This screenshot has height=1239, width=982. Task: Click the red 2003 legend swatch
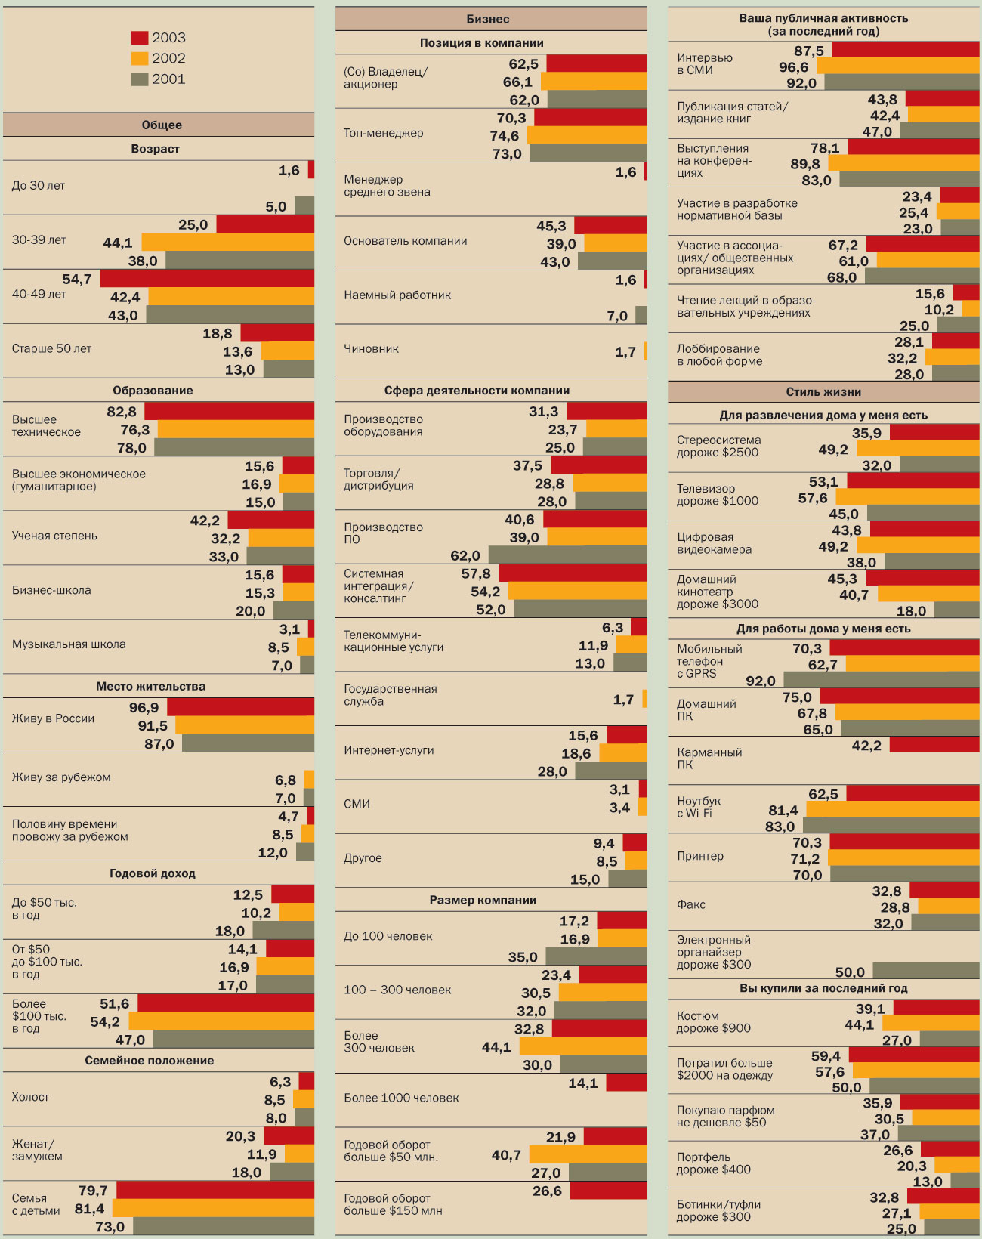140,38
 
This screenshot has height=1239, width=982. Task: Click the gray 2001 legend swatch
140,79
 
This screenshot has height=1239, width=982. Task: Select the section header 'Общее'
161,125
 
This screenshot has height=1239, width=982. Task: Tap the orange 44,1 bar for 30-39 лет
227,243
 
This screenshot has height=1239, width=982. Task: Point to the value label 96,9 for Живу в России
144,708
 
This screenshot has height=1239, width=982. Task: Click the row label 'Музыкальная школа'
69,644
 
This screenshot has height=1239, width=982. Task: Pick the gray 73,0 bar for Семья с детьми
223,1226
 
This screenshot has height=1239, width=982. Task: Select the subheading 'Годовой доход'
153,873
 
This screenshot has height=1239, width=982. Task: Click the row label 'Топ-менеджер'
383,133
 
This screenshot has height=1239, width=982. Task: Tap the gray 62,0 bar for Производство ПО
567,555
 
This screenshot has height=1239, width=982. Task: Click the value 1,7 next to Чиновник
625,352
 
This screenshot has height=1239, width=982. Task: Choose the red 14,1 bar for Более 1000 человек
626,1083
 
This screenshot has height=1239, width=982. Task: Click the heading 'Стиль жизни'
823,392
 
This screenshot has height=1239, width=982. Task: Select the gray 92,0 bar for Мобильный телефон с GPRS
881,679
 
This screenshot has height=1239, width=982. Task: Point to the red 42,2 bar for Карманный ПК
934,745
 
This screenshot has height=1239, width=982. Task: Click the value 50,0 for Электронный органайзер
850,972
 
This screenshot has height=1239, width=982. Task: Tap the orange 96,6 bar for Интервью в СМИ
897,66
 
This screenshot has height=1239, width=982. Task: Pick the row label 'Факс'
691,904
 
